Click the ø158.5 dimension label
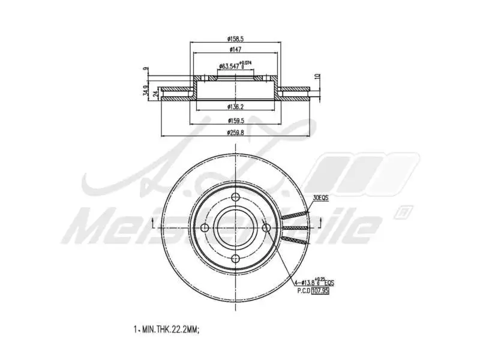click(236, 37)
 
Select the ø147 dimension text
click(235, 50)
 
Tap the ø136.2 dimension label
click(236, 107)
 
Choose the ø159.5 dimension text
click(236, 120)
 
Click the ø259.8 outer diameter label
click(236, 132)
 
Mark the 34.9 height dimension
click(145, 91)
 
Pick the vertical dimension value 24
click(155, 94)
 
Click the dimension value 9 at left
click(146, 71)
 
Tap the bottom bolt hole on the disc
click(235, 258)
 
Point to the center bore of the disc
click(235, 227)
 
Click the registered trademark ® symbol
click(405, 211)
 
